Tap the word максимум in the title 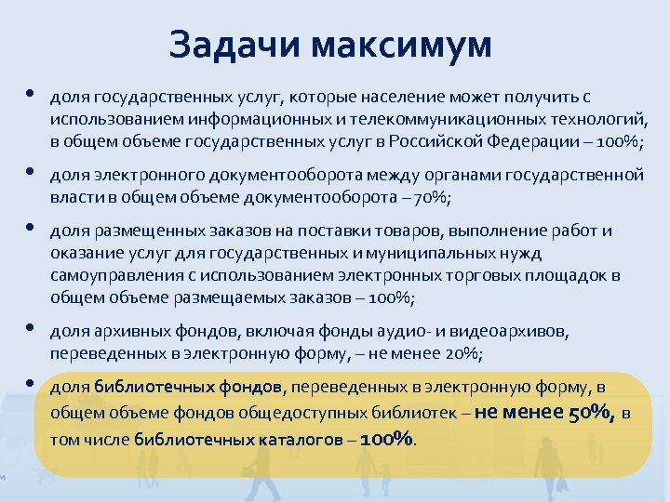[x=401, y=44]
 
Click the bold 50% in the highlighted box [x=590, y=414]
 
